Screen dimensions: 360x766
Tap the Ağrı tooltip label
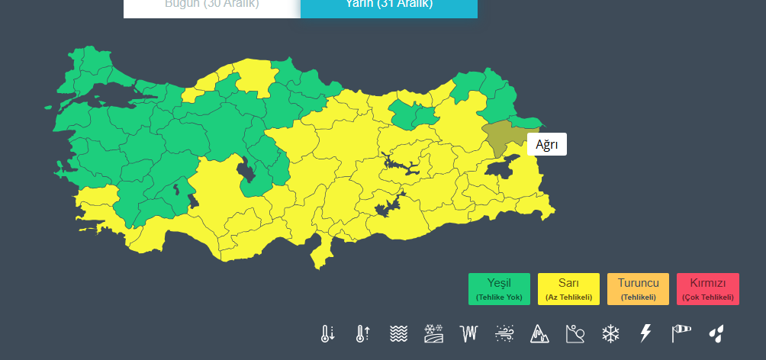click(547, 144)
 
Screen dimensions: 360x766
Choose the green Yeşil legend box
click(500, 289)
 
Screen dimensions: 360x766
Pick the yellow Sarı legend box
click(569, 289)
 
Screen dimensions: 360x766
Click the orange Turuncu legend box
click(639, 289)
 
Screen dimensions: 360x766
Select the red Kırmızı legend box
click(708, 289)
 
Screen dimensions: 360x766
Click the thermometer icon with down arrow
click(327, 333)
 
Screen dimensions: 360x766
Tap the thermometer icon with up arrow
click(362, 333)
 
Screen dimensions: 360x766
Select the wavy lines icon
click(397, 333)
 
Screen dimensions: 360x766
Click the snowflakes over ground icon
click(433, 333)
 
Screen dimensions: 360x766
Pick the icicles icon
click(468, 333)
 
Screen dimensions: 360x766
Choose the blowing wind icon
click(504, 333)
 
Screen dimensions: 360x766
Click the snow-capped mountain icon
click(539, 333)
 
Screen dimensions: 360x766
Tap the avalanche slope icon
click(574, 333)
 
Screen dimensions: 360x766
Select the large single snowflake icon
click(610, 333)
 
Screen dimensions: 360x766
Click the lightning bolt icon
click(645, 333)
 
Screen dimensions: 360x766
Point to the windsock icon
click(681, 333)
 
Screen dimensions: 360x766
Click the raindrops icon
click(716, 333)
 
